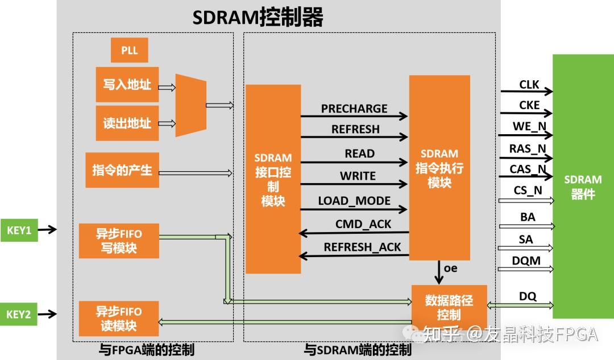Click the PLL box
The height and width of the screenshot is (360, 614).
coord(129,50)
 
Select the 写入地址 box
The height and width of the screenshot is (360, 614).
coord(127,85)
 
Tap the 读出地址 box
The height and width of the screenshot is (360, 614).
coord(127,123)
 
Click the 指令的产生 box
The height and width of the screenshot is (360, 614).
coord(122,170)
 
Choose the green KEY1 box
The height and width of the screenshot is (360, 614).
coord(19,230)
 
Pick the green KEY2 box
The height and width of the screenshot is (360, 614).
coord(19,314)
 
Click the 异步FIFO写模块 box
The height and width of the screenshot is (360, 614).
coord(119,241)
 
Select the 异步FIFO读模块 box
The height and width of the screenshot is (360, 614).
coord(119,318)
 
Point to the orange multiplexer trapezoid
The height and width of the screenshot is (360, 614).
coord(190,105)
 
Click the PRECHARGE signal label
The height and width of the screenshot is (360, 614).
coord(354,109)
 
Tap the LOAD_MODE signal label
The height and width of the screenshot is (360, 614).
coord(354,201)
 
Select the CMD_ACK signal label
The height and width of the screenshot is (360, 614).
coord(363,224)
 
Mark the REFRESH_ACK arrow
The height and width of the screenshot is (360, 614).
coord(354,256)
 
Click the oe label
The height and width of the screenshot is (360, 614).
coord(450,268)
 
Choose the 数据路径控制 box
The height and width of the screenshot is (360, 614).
coord(449,308)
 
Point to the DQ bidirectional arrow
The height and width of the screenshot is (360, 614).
coord(520,305)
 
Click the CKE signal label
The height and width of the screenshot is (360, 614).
coord(529,105)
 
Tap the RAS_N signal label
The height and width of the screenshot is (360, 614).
coord(528,148)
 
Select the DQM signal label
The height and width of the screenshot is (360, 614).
coord(526,261)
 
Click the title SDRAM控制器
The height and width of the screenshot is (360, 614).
coord(258,17)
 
